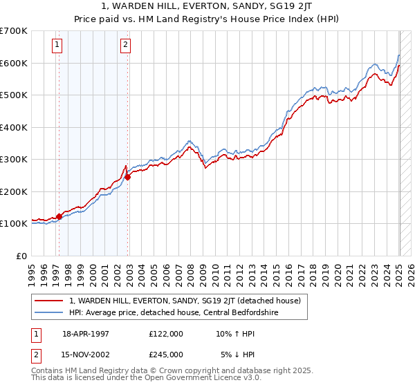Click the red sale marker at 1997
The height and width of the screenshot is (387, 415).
click(x=59, y=216)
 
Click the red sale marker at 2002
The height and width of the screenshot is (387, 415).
click(x=128, y=177)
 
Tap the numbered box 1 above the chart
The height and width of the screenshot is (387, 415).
click(x=56, y=46)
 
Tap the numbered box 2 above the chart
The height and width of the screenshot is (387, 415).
click(x=125, y=46)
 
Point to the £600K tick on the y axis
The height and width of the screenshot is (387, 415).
click(x=15, y=63)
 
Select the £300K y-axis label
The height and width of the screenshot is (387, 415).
click(x=15, y=160)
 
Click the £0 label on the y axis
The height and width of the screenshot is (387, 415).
click(x=21, y=256)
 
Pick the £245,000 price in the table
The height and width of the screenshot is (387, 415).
click(x=166, y=355)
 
